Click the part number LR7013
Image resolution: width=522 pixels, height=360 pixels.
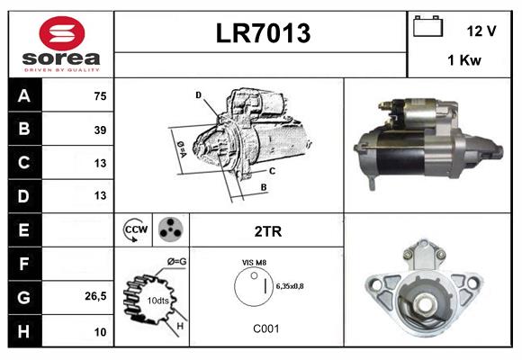pos(262,34)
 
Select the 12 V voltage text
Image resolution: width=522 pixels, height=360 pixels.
pos(481,31)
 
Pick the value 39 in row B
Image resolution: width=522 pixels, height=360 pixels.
pos(99,130)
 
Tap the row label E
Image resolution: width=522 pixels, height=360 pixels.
pos(23,229)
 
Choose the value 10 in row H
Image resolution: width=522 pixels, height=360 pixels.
pos(99,332)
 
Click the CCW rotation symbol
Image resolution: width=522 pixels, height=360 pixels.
pos(133,230)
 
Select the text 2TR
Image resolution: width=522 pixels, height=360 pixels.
pos(267,231)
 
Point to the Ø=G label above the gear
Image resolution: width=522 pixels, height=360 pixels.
pos(178,262)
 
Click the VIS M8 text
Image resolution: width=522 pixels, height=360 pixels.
pos(255,262)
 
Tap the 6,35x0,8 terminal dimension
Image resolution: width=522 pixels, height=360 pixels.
pos(291,287)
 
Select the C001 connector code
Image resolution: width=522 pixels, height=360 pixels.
pos(265,328)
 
